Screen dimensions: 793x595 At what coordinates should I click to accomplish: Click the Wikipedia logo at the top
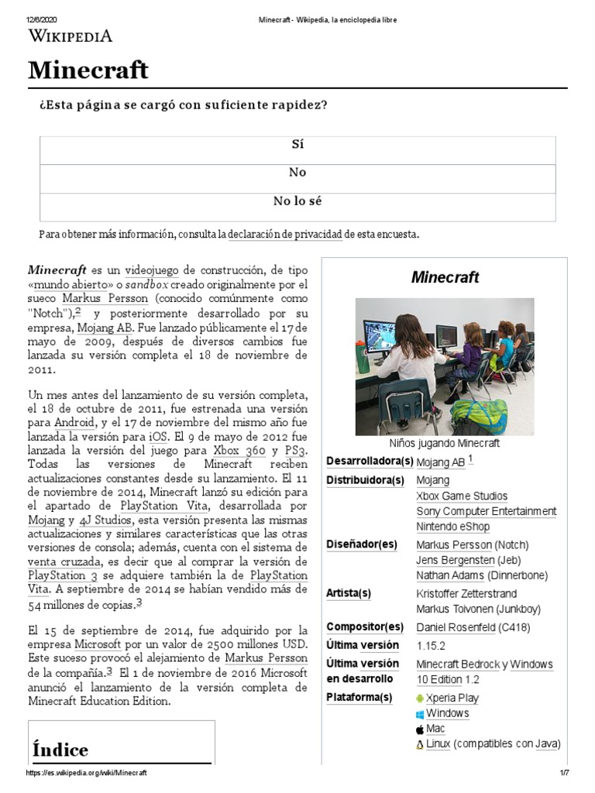click(71, 36)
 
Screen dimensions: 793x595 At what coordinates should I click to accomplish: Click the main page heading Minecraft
click(88, 70)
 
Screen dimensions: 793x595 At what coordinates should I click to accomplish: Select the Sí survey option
click(297, 145)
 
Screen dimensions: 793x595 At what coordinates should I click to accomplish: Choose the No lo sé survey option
click(297, 201)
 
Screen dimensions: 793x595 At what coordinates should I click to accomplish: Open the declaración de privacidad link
click(285, 234)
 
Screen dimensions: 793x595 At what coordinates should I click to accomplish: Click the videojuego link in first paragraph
click(152, 270)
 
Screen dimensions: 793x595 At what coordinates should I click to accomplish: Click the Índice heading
click(60, 750)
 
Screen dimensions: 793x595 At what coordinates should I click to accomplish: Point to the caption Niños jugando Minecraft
click(445, 444)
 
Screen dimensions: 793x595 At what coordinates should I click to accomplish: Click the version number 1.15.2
click(432, 646)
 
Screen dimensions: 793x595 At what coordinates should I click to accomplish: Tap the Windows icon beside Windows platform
click(420, 714)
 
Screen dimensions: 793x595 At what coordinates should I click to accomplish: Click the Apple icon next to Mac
click(420, 729)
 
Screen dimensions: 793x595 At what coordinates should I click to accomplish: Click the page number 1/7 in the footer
click(565, 774)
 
